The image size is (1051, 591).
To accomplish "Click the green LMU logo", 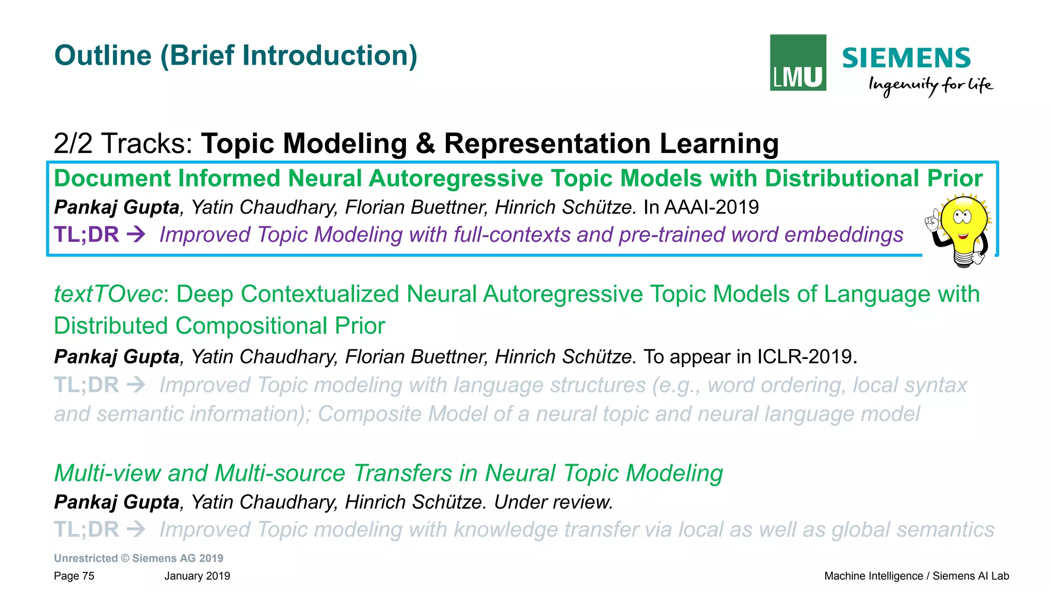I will tap(797, 63).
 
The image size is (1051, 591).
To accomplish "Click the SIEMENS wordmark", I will tap(906, 58).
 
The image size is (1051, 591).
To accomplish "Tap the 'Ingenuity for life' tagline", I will tap(930, 85).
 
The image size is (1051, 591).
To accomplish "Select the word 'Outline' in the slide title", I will tap(103, 55).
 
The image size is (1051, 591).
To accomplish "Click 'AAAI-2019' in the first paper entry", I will tap(711, 207).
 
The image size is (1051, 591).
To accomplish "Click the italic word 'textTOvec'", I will tap(108, 294).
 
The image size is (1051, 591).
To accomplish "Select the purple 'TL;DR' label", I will tap(86, 235).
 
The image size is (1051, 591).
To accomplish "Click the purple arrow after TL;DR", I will tap(136, 235).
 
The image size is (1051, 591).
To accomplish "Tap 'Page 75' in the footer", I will tap(74, 576).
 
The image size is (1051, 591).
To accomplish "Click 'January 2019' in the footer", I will tap(197, 576).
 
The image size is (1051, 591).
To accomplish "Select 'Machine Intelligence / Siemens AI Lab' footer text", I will tap(916, 576).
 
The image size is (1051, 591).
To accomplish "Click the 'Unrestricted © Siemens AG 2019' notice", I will tap(139, 558).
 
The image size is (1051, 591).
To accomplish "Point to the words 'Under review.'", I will tap(553, 502).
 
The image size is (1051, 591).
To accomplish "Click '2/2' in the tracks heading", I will tap(73, 143).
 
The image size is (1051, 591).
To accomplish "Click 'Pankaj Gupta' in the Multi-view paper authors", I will tap(116, 502).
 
